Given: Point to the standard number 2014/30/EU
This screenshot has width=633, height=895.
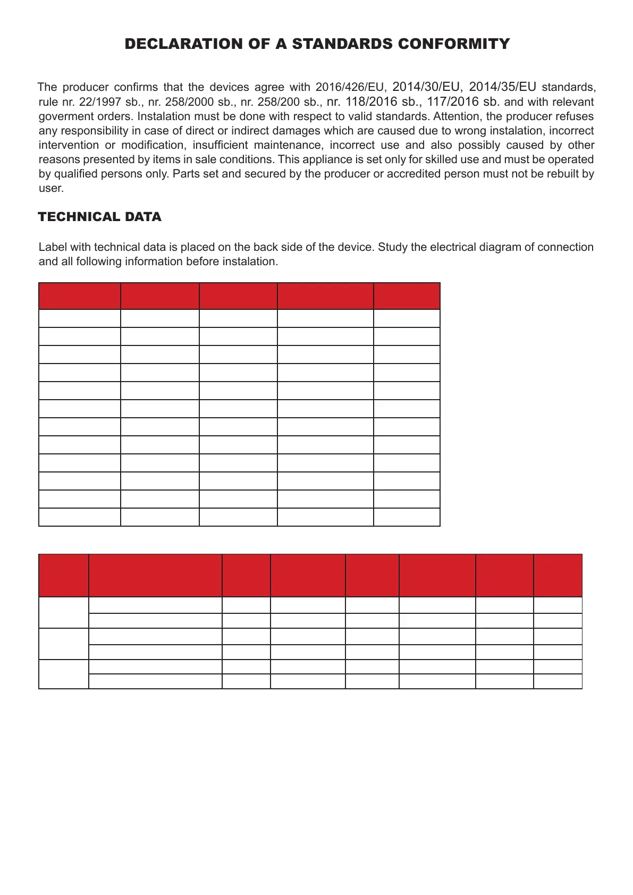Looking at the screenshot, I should [427, 87].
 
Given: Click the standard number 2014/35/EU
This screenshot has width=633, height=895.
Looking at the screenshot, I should [502, 87].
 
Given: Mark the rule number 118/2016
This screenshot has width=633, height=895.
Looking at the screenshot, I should [371, 102].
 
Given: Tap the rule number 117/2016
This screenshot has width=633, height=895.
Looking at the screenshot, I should [453, 102].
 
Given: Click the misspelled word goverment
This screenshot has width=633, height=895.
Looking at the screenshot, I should [64, 116].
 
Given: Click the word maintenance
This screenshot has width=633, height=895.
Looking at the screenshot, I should [285, 145].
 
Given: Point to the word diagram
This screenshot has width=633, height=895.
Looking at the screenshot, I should [501, 247].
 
